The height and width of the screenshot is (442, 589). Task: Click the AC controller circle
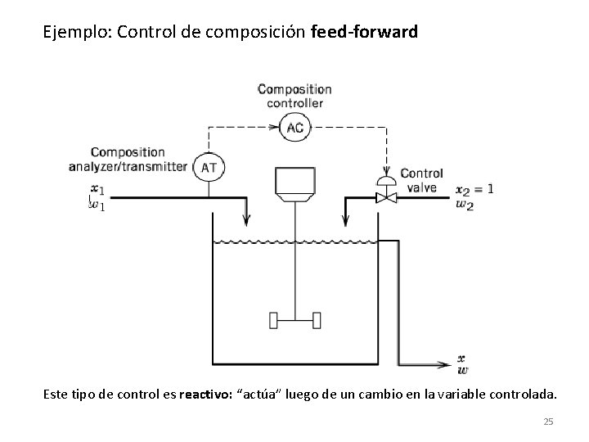point(294,126)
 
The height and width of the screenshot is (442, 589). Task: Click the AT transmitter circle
point(209,167)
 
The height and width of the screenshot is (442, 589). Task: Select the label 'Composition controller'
point(294,95)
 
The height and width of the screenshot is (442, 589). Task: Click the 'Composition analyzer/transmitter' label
point(138,159)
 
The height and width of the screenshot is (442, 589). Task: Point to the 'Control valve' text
point(421,180)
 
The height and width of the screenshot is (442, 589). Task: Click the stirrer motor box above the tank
point(294,185)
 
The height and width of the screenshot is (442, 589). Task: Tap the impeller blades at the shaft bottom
point(294,318)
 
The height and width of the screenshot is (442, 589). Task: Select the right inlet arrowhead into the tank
point(345,220)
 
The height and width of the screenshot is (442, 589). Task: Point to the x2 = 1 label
point(474,188)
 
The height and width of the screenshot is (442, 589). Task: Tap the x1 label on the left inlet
point(97,192)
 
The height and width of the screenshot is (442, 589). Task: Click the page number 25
point(548,422)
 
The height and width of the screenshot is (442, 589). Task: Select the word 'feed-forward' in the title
point(365,34)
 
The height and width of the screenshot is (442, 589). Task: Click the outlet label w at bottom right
point(463,369)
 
